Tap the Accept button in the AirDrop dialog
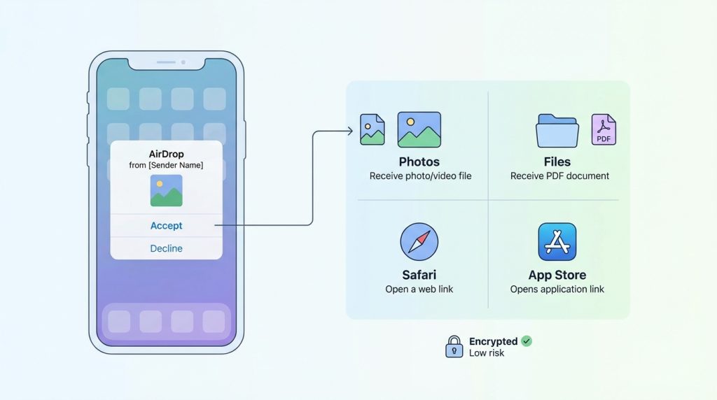tap(166, 226)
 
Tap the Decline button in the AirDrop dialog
tap(166, 248)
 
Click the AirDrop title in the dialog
tap(166, 154)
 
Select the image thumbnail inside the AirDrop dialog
tap(166, 190)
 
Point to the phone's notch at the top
tap(166, 63)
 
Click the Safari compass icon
tap(419, 242)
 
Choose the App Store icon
tap(557, 242)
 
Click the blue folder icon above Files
tap(557, 131)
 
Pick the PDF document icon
tap(604, 130)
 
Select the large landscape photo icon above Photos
tap(419, 129)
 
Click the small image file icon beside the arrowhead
tap(372, 129)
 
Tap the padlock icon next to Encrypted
tap(454, 346)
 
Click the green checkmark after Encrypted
tap(527, 341)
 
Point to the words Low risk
tap(487, 353)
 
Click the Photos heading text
tap(419, 162)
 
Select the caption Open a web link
tap(419, 289)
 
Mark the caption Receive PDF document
tap(559, 176)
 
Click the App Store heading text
tap(557, 275)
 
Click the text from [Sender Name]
tap(166, 166)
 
